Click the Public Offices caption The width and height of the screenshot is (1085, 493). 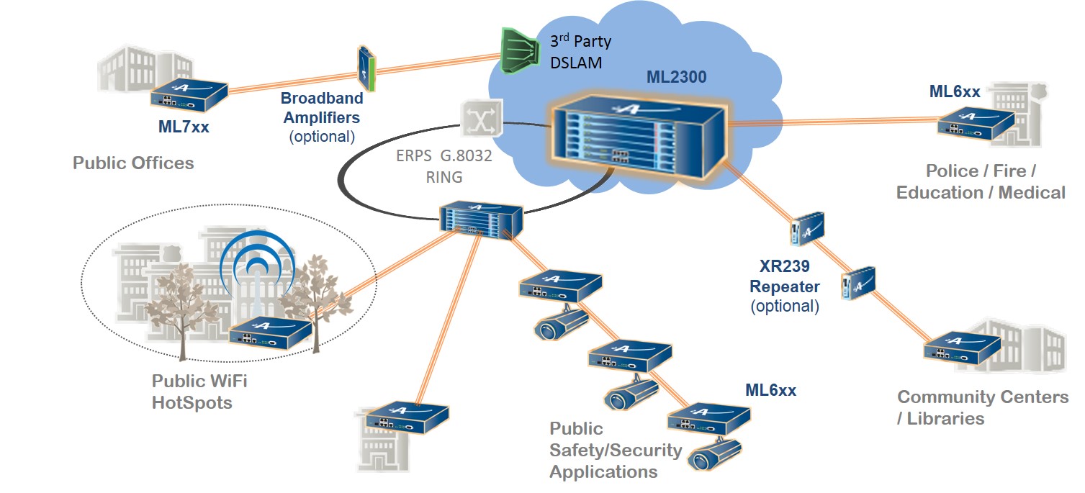[x=133, y=163]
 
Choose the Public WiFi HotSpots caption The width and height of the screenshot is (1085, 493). [x=199, y=391]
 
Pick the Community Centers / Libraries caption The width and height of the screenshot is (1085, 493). [x=982, y=407]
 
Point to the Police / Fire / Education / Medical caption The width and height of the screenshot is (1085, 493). [x=980, y=181]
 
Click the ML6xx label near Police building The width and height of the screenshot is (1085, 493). [x=955, y=91]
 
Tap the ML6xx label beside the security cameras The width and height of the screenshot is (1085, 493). [x=771, y=390]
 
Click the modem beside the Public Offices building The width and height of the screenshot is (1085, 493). [x=189, y=94]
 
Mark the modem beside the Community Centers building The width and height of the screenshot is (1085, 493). [x=962, y=348]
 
